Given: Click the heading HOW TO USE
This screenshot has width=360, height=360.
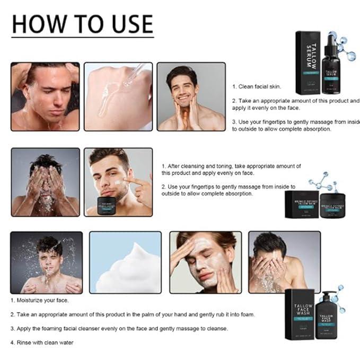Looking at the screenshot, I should (x=82, y=24).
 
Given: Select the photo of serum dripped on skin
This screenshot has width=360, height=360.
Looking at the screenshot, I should (x=118, y=96).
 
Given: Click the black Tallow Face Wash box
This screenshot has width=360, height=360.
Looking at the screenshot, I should (x=300, y=316).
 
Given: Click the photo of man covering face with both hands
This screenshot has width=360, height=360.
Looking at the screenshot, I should (x=45, y=182).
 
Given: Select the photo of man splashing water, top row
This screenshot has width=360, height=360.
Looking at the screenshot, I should (x=45, y=96).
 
